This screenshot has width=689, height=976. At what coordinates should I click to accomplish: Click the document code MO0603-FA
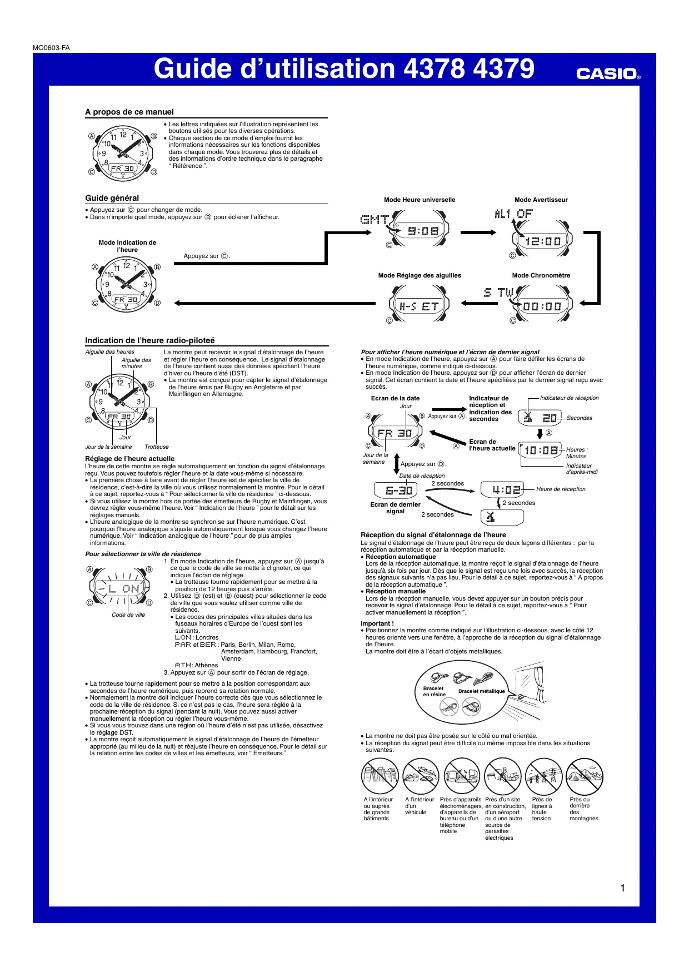point(51,48)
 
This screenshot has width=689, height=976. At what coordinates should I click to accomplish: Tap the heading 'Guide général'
point(112,198)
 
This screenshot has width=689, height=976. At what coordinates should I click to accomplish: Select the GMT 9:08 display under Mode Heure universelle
point(422,230)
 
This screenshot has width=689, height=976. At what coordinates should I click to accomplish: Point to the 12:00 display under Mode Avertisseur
point(543,241)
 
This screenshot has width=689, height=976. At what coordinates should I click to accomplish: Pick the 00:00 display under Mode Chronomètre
point(542,306)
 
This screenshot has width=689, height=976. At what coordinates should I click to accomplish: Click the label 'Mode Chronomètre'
point(541,275)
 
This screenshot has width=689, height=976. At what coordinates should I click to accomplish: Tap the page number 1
point(622,888)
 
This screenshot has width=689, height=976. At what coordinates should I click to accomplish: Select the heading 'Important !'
point(377,623)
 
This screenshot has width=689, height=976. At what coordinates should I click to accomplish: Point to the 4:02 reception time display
point(506,490)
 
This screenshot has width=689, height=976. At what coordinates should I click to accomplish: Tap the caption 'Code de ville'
point(128,615)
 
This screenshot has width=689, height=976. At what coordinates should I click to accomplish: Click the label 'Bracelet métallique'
point(481,691)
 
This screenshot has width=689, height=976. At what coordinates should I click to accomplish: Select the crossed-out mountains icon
point(585,776)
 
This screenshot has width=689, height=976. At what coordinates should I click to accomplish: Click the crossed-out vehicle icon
point(421,776)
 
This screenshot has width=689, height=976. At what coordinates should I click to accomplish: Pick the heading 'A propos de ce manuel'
point(129,112)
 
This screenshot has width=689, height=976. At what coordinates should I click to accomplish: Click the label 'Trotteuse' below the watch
point(157,447)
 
